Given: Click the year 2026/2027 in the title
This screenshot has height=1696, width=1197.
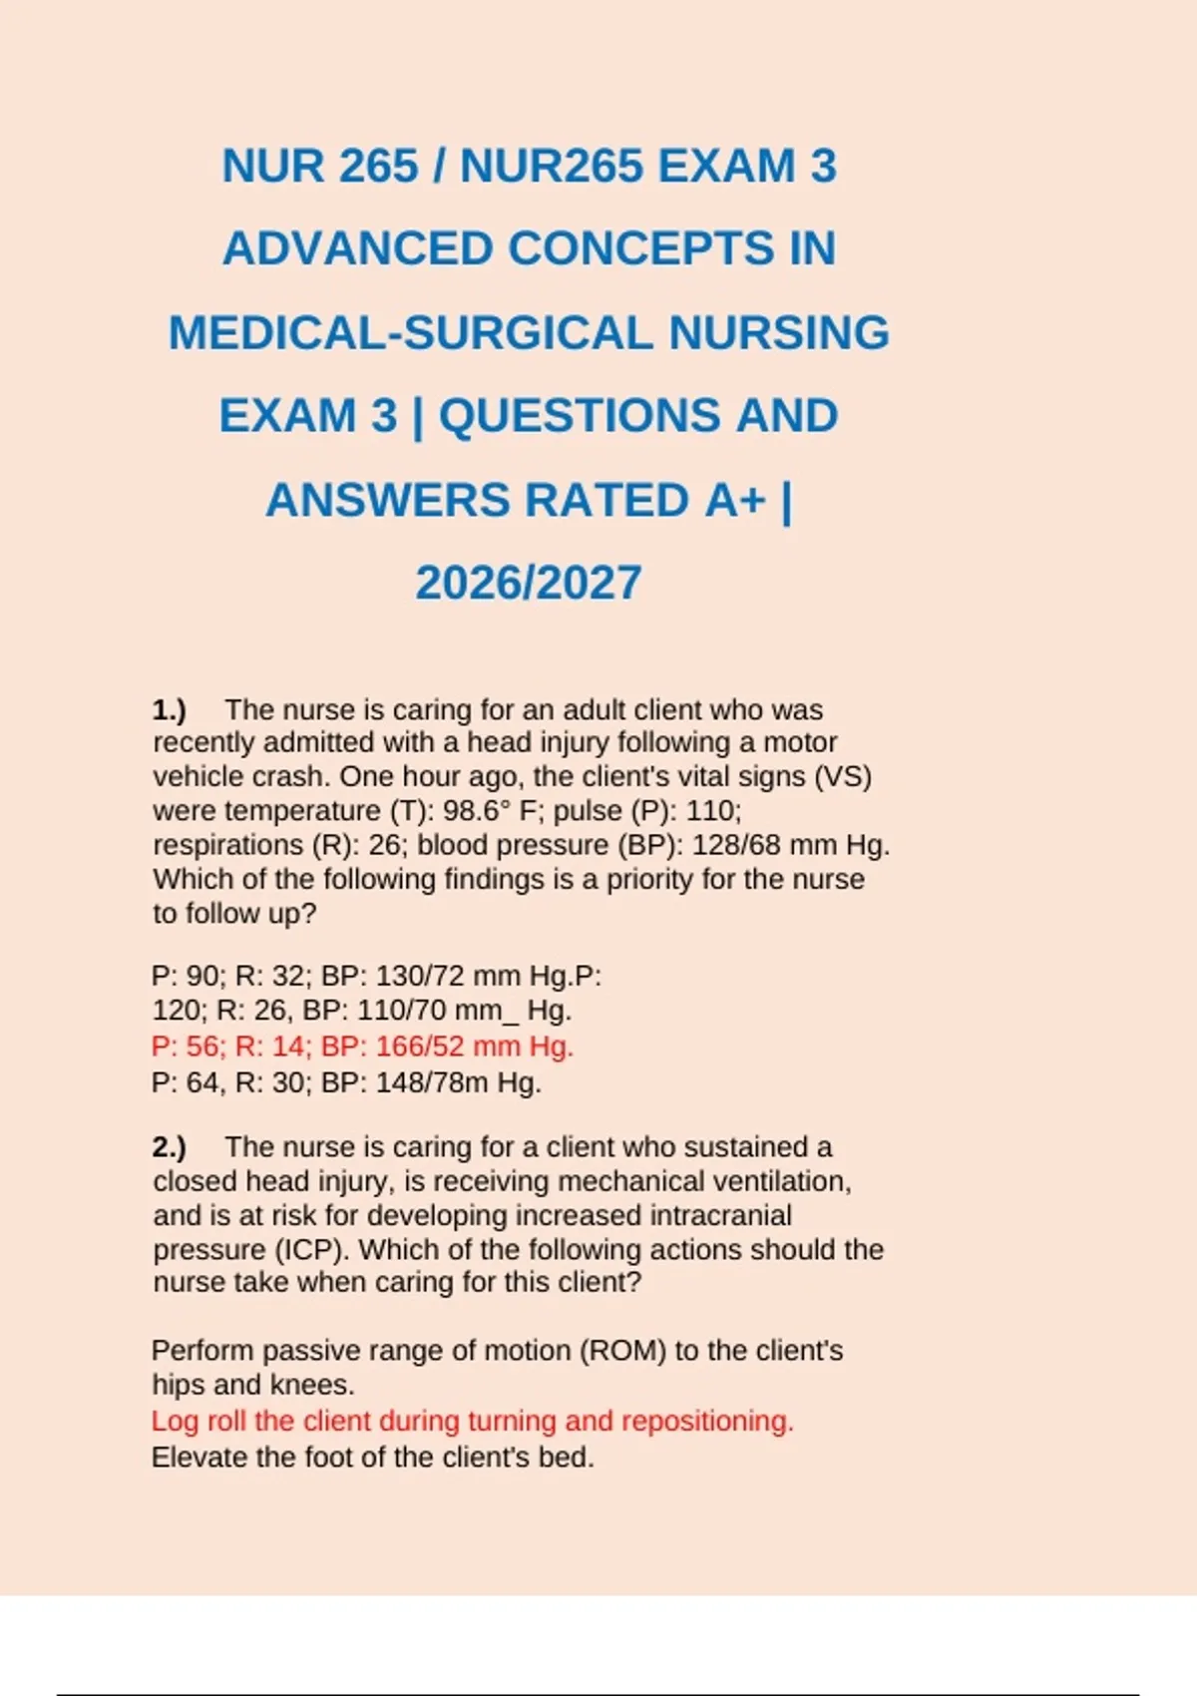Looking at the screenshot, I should [528, 583].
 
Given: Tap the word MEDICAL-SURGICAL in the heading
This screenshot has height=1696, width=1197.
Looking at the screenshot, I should [409, 332].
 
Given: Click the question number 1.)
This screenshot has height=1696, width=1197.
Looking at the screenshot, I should [170, 709].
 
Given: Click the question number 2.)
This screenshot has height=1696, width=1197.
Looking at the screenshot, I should [170, 1147].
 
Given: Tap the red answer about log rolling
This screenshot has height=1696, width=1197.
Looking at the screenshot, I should [472, 1421].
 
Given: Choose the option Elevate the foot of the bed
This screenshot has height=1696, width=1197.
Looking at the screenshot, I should [372, 1457].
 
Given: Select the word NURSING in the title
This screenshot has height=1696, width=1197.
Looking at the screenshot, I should [778, 332].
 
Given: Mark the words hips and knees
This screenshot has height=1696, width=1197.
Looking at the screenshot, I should [253, 1385].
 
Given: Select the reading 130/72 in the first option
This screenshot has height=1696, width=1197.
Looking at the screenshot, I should [419, 975].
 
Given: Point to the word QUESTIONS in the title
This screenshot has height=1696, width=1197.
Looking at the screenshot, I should [579, 416].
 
